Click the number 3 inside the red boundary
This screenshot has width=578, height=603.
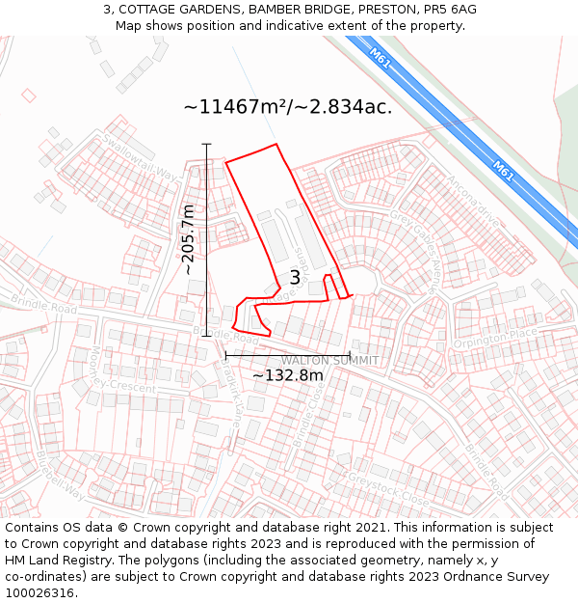[295, 278]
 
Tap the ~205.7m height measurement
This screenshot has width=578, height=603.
[189, 239]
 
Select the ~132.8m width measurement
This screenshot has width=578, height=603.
[287, 375]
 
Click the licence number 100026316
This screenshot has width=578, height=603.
[39, 593]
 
